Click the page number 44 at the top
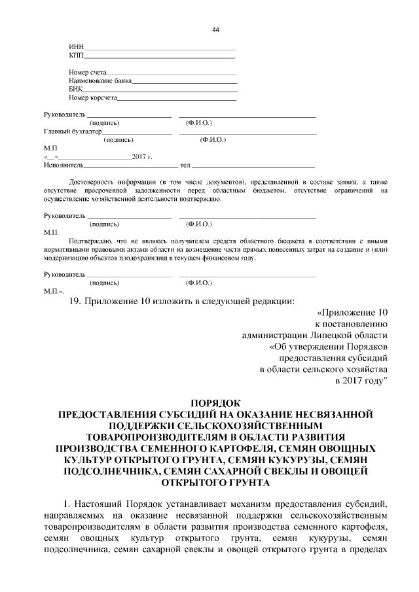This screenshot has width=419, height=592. click(x=215, y=30)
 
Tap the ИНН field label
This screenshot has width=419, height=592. click(x=76, y=47)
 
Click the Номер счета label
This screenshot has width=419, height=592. click(x=88, y=73)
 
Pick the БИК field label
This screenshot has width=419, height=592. click(x=75, y=90)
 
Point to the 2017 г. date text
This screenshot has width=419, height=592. click(x=141, y=157)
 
